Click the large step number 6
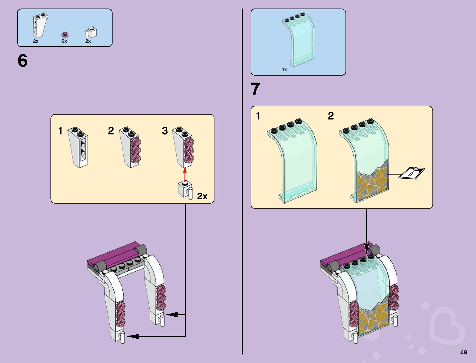(x=23, y=61)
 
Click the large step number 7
(x=255, y=90)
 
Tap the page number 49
(x=464, y=352)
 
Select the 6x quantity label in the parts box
(x=64, y=41)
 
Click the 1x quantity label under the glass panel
(x=284, y=69)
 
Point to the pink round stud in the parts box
(x=64, y=34)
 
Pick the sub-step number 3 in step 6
(x=165, y=131)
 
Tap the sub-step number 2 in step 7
(x=331, y=116)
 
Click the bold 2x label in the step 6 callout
(x=202, y=196)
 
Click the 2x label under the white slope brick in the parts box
(x=36, y=41)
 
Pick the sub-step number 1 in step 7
(x=258, y=116)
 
